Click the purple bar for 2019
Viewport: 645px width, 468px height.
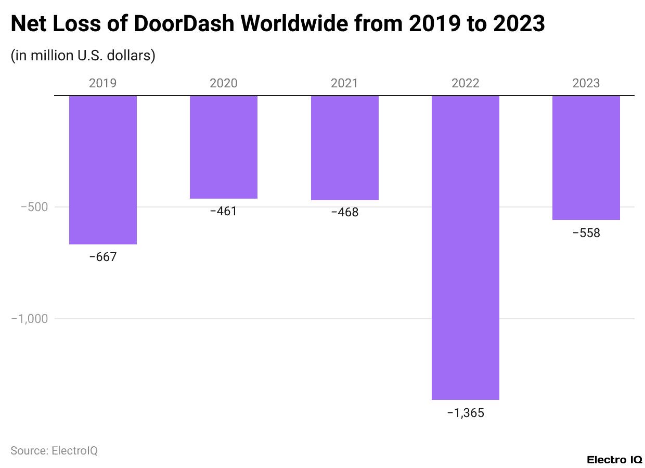[103, 170]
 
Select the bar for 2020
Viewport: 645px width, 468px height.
[224, 147]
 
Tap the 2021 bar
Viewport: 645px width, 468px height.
[345, 148]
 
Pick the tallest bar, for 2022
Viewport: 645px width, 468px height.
[466, 248]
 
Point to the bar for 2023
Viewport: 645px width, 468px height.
[586, 158]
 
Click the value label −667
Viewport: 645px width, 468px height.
[103, 256]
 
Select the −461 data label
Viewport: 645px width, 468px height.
[224, 211]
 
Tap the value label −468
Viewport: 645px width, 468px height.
[345, 212]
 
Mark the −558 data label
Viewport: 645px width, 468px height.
[586, 233]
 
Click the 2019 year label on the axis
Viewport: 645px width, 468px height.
[103, 83]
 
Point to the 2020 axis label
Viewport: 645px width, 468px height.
[224, 83]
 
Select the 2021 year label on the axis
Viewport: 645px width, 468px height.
[345, 83]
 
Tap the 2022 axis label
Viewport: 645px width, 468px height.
[466, 83]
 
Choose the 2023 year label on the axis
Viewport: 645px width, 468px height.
[586, 83]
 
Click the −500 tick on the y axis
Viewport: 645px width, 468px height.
[34, 207]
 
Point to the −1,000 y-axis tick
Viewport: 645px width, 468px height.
[30, 318]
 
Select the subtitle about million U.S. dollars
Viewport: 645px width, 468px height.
[83, 55]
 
